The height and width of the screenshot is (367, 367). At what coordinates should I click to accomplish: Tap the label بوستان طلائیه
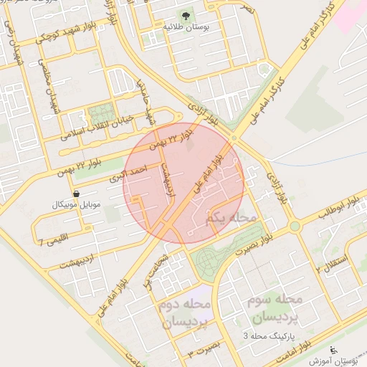186,27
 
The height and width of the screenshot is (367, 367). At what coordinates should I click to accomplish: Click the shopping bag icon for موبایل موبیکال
76,194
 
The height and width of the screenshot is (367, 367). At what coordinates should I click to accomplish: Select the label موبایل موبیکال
76,206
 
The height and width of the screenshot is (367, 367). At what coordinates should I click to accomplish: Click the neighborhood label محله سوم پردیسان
274,306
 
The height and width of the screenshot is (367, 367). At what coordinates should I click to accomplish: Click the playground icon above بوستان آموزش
333,350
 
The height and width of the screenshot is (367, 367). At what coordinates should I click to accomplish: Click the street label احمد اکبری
128,173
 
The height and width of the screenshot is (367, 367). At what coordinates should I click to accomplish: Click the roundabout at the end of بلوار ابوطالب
294,227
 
